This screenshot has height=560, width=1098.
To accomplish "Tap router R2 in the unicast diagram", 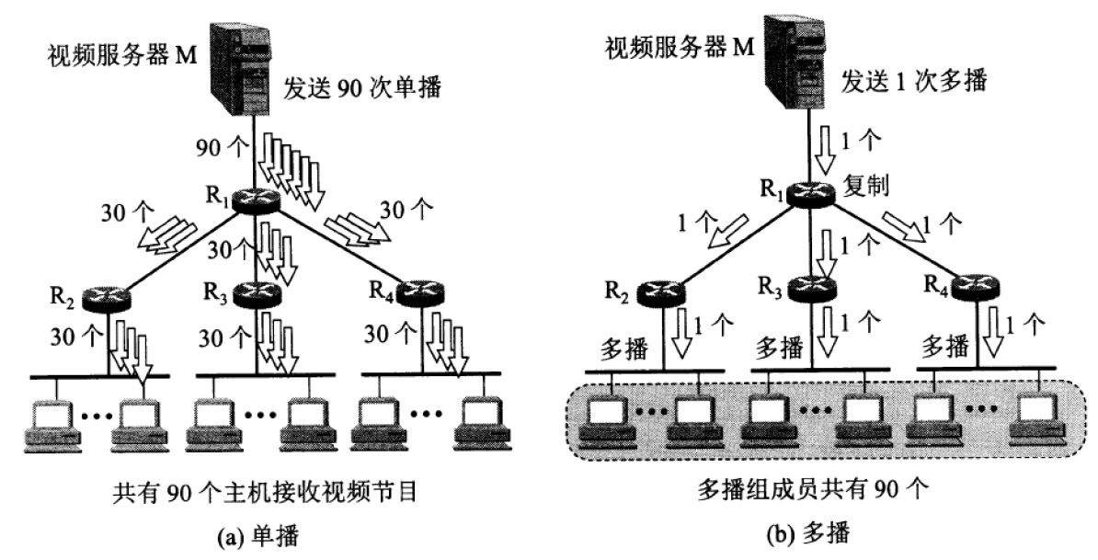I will pyautogui.click(x=106, y=297).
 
